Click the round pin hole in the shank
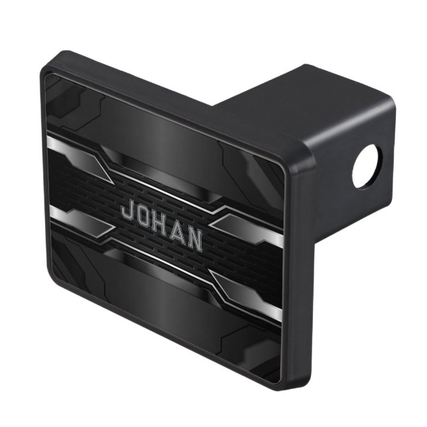coord(367,166)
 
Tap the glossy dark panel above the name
coord(166,143)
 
